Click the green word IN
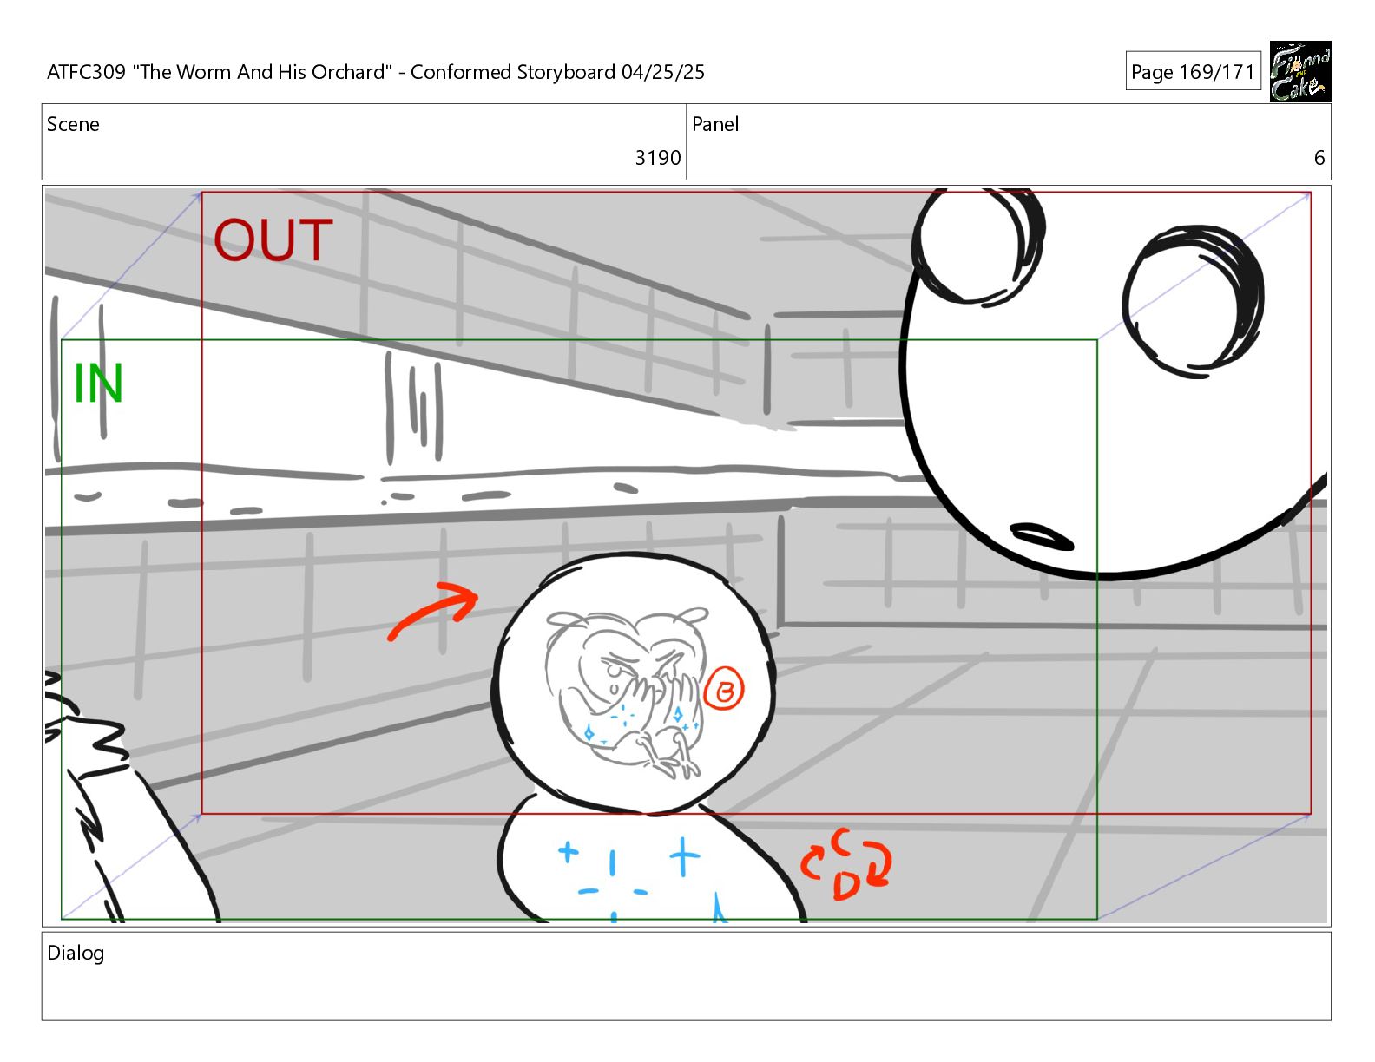coord(98,383)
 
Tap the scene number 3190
coord(657,158)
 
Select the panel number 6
coord(1319,158)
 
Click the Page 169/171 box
coord(1193,71)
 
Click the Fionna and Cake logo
coord(1300,71)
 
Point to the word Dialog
coord(76,954)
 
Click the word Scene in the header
coord(73,124)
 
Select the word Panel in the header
coord(715,124)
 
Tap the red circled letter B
coord(724,689)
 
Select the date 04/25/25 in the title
coord(662,71)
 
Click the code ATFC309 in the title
coord(87,71)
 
